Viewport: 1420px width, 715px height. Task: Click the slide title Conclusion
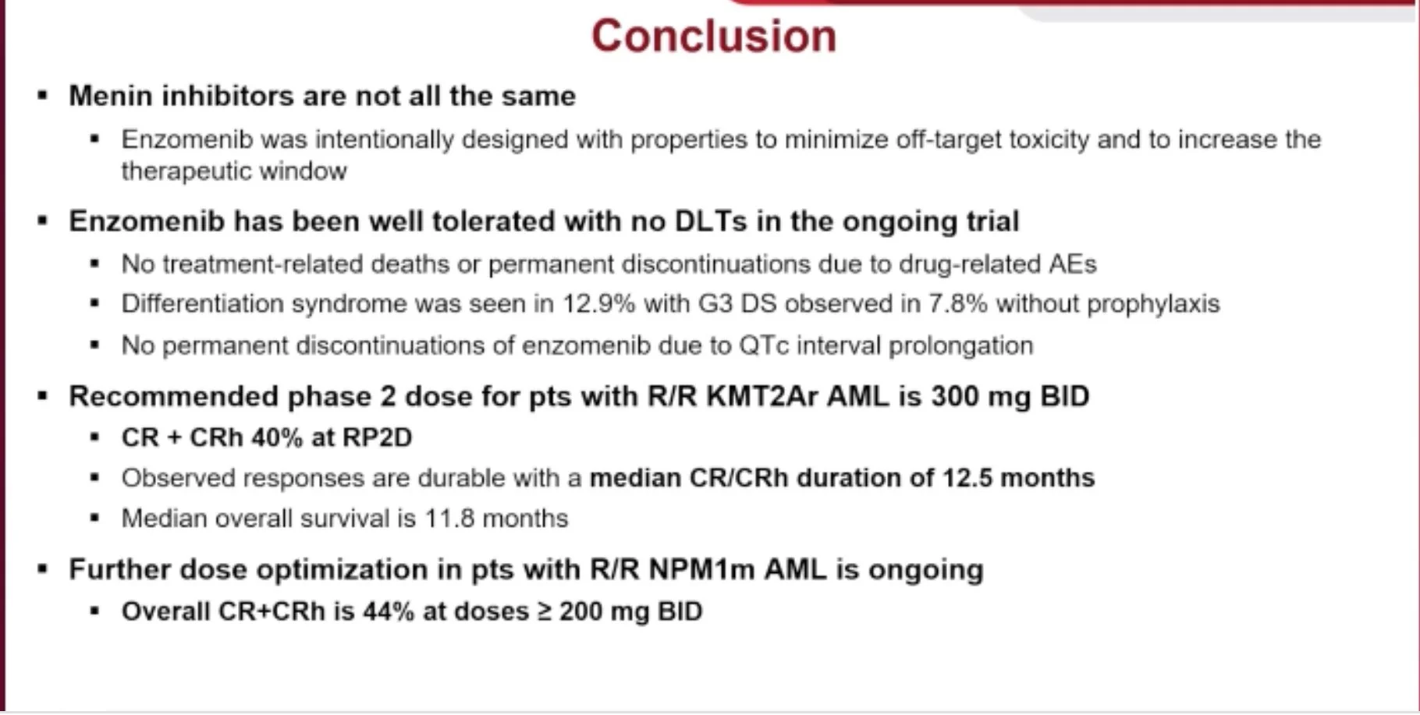714,36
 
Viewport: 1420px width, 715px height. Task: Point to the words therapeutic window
234,171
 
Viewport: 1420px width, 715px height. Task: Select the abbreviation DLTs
710,221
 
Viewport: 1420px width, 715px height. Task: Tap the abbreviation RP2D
378,437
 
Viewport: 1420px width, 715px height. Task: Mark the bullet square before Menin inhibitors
43,97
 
